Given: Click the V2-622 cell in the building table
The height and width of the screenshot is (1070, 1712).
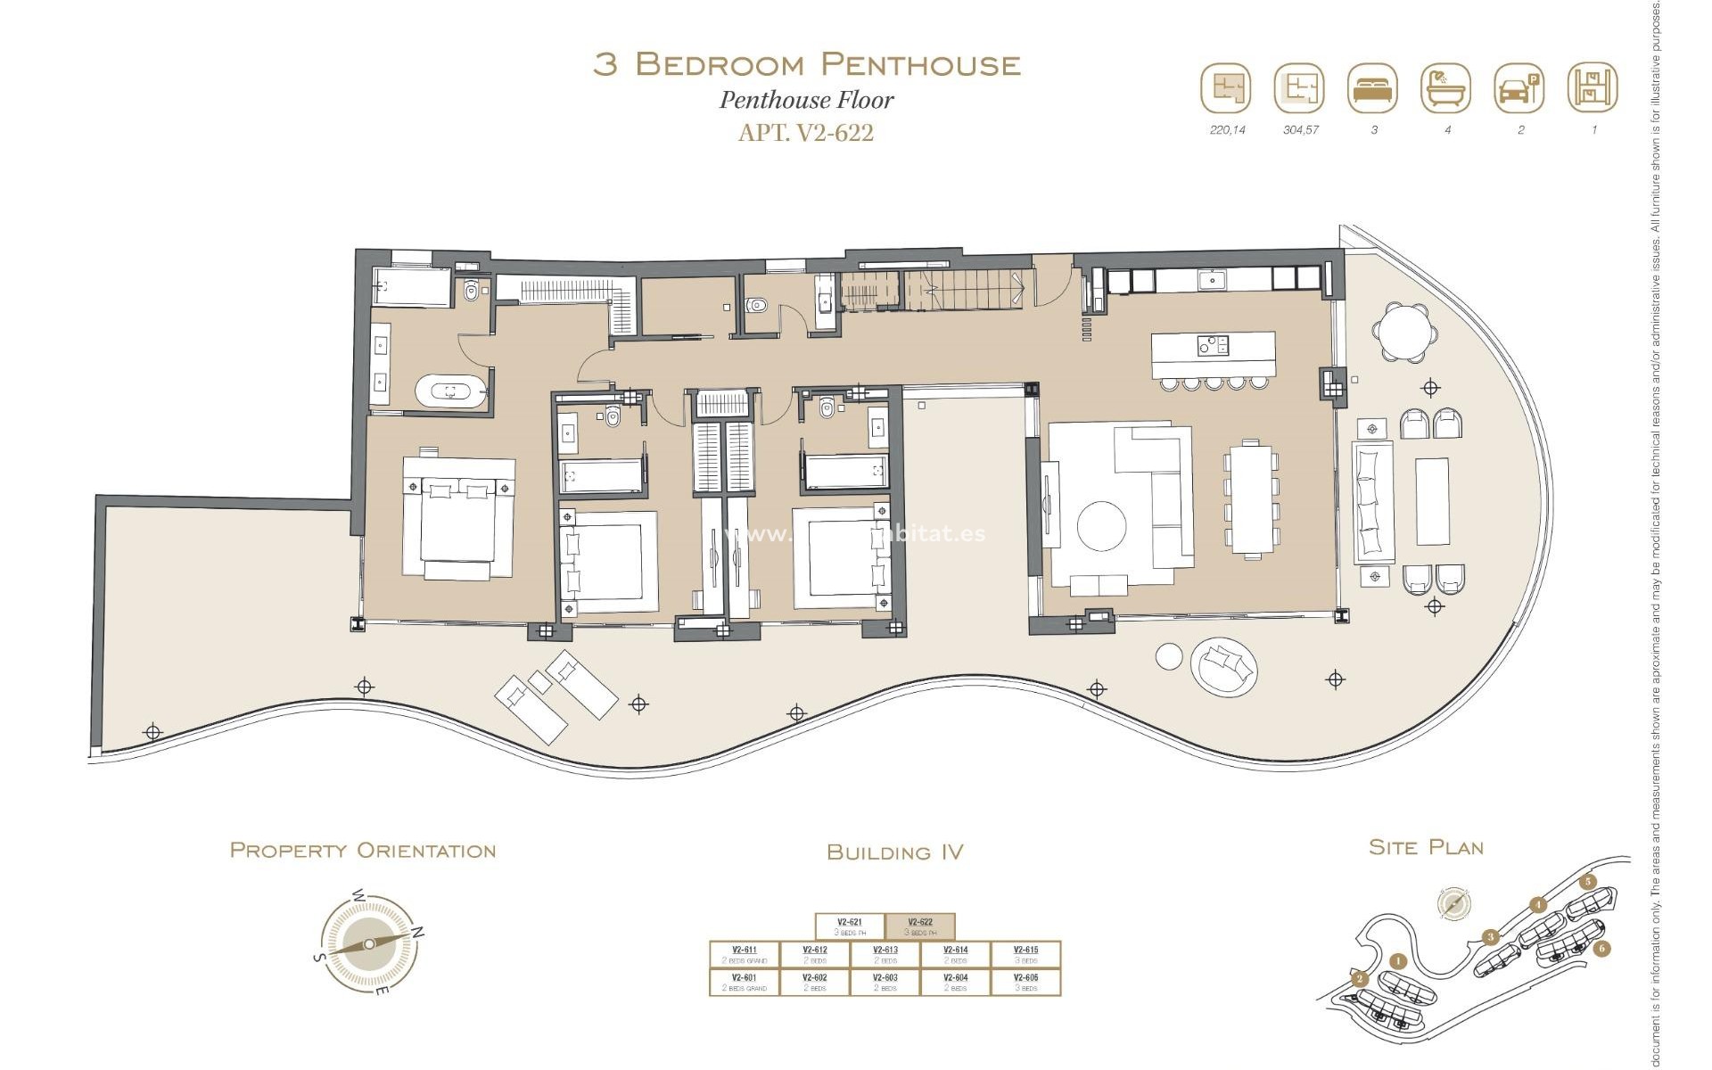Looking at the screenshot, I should click(920, 926).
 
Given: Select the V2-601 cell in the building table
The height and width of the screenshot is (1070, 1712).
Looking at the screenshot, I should click(744, 982).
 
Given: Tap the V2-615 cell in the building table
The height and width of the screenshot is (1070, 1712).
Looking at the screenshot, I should click(1025, 954).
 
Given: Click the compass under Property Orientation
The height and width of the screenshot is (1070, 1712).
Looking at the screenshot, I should click(369, 944).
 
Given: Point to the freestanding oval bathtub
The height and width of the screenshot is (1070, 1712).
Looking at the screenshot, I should click(451, 391).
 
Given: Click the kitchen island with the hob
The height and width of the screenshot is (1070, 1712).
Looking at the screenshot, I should click(1213, 354).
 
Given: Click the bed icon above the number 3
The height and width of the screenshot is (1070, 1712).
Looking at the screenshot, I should click(1372, 88).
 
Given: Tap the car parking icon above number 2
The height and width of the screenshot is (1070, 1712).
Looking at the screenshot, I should click(1519, 88).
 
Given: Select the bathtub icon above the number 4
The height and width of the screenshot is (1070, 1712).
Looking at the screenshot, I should click(1445, 88).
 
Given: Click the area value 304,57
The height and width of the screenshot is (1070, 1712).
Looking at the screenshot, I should click(1300, 130).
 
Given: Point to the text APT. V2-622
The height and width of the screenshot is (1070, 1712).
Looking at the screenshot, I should click(805, 133).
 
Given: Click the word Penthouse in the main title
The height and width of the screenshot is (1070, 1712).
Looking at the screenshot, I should click(920, 64).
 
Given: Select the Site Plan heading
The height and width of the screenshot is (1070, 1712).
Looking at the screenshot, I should click(1426, 847).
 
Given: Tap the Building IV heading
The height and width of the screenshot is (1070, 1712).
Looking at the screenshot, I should click(894, 852).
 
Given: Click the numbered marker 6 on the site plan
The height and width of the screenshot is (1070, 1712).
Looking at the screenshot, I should click(1601, 948).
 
